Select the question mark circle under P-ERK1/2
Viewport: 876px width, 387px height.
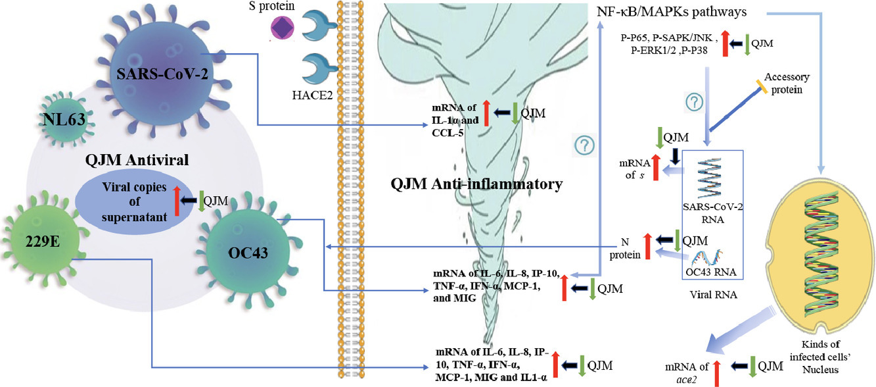[x=696, y=103]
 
